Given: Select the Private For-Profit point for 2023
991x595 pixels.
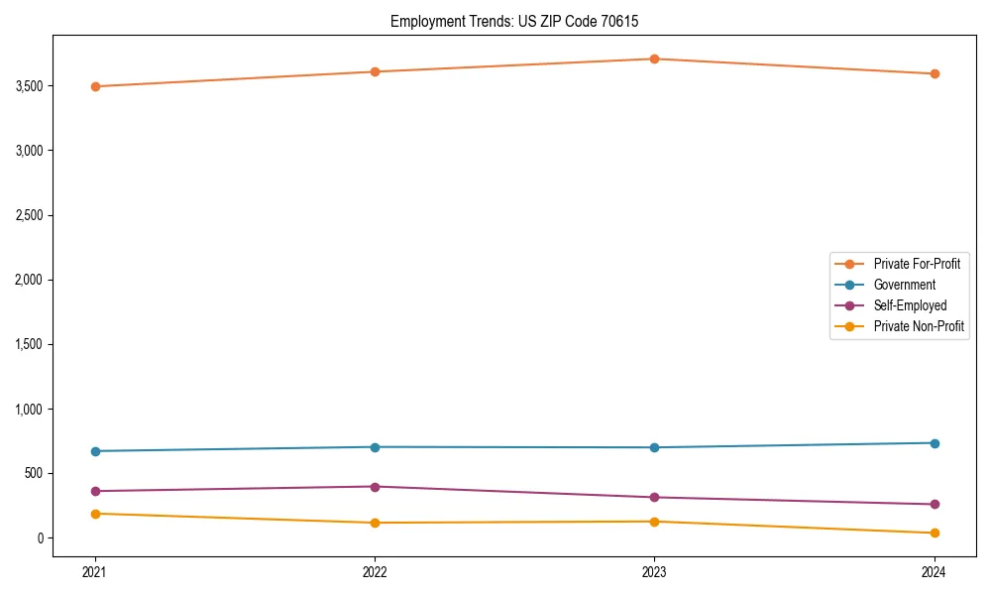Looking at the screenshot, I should [x=654, y=59].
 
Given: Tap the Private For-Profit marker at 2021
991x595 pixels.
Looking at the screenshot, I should [x=95, y=86].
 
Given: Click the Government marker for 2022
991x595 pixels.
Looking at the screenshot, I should [x=375, y=447].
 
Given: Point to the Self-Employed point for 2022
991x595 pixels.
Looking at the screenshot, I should [x=375, y=487].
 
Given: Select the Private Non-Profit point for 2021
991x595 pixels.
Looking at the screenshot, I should [x=95, y=514].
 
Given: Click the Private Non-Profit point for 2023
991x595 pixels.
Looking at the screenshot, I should [x=654, y=522].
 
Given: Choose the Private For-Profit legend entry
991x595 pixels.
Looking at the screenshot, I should [x=916, y=264].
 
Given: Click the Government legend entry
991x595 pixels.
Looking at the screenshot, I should [x=904, y=285].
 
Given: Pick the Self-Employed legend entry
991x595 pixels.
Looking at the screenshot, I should [x=910, y=305].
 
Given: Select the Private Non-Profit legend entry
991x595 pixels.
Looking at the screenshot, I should [x=919, y=326].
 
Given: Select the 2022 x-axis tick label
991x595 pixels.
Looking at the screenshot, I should [x=375, y=571].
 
